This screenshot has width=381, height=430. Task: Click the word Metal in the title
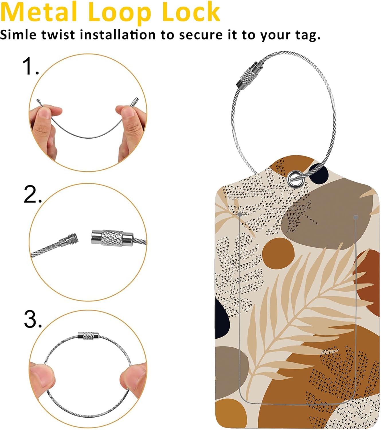click(x=39, y=12)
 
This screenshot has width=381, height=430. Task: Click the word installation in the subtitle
click(x=118, y=35)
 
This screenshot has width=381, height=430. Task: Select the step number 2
click(x=32, y=194)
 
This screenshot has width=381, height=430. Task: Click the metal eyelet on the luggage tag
click(x=296, y=179)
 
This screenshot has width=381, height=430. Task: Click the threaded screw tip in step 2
click(x=73, y=239)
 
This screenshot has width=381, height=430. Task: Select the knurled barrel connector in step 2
click(x=112, y=238)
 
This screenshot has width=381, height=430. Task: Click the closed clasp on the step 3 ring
click(x=88, y=335)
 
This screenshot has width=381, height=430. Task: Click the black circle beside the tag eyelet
click(x=319, y=174)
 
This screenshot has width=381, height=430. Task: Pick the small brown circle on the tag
click(x=278, y=254)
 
